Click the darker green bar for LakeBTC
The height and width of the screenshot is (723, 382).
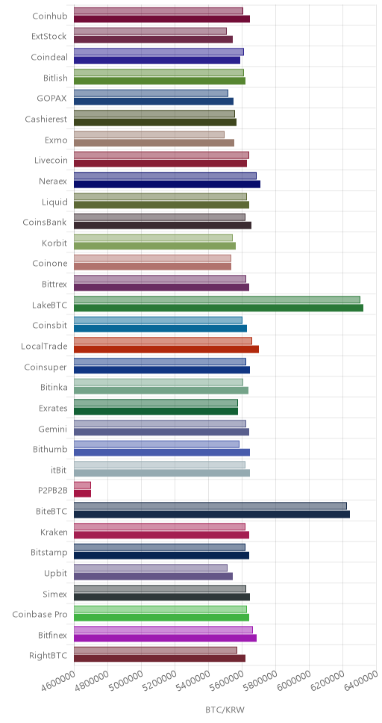(x=219, y=308)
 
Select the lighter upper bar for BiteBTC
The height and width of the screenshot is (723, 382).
(x=210, y=506)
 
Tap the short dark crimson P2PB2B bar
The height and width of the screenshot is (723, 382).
(x=83, y=494)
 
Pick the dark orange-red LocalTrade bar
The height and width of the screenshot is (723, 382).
(x=166, y=349)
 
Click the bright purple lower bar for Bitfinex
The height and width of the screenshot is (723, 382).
(x=165, y=638)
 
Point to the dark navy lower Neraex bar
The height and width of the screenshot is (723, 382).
(x=167, y=184)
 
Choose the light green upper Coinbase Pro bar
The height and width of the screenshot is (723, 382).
(x=160, y=609)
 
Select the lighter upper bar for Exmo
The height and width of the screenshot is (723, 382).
(x=149, y=134)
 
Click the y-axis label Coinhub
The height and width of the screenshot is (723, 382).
(x=50, y=16)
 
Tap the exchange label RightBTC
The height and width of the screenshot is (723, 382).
(x=48, y=656)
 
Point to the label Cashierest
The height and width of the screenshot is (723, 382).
(x=46, y=120)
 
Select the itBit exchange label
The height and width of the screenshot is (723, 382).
(x=59, y=471)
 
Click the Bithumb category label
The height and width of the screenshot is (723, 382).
(x=50, y=450)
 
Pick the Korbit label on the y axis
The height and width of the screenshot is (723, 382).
(x=54, y=243)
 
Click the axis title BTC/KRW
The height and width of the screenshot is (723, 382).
(x=225, y=710)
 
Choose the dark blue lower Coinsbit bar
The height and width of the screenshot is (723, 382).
(x=160, y=329)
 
